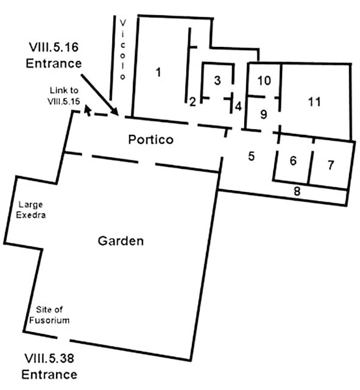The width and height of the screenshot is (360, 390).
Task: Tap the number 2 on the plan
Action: [192, 102]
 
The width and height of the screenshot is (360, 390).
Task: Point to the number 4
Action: [238, 105]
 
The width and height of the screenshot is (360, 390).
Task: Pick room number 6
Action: [293, 161]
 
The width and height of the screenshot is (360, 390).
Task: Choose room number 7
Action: [331, 165]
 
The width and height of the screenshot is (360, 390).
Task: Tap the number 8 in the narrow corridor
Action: [297, 191]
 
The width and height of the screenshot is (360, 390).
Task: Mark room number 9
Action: [264, 114]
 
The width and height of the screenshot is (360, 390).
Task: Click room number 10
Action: [264, 80]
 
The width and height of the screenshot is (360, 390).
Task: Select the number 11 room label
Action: [314, 102]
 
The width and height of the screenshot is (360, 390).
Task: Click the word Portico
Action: [150, 140]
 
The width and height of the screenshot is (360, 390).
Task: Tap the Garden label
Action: [121, 241]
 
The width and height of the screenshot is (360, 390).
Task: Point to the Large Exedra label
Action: [30, 210]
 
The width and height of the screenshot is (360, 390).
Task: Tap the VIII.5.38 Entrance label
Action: [51, 366]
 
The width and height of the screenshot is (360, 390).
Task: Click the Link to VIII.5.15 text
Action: [65, 96]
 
